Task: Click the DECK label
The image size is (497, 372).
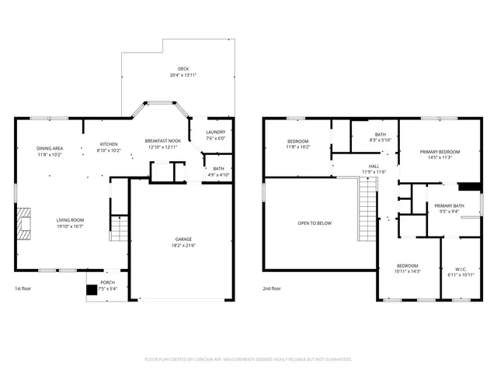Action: pos(182,69)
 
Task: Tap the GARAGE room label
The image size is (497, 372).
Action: pos(182,239)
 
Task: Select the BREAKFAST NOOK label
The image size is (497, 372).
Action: pos(162,140)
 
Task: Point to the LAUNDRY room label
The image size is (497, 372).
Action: pos(215,132)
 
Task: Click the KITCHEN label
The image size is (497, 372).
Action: pos(108,145)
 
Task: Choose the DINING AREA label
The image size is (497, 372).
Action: pos(50,148)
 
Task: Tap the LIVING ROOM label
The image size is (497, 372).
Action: pos(69,220)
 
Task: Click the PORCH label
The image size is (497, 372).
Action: pos(107,283)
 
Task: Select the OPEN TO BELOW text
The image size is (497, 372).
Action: pos(315,223)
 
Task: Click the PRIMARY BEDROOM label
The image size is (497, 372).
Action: pos(440,151)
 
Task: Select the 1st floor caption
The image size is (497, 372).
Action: pos(23,288)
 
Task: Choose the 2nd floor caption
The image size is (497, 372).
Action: pos(272,288)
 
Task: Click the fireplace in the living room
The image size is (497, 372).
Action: pos(23,223)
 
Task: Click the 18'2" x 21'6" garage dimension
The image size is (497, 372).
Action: pos(182,245)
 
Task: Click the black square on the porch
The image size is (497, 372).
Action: pos(92,291)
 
